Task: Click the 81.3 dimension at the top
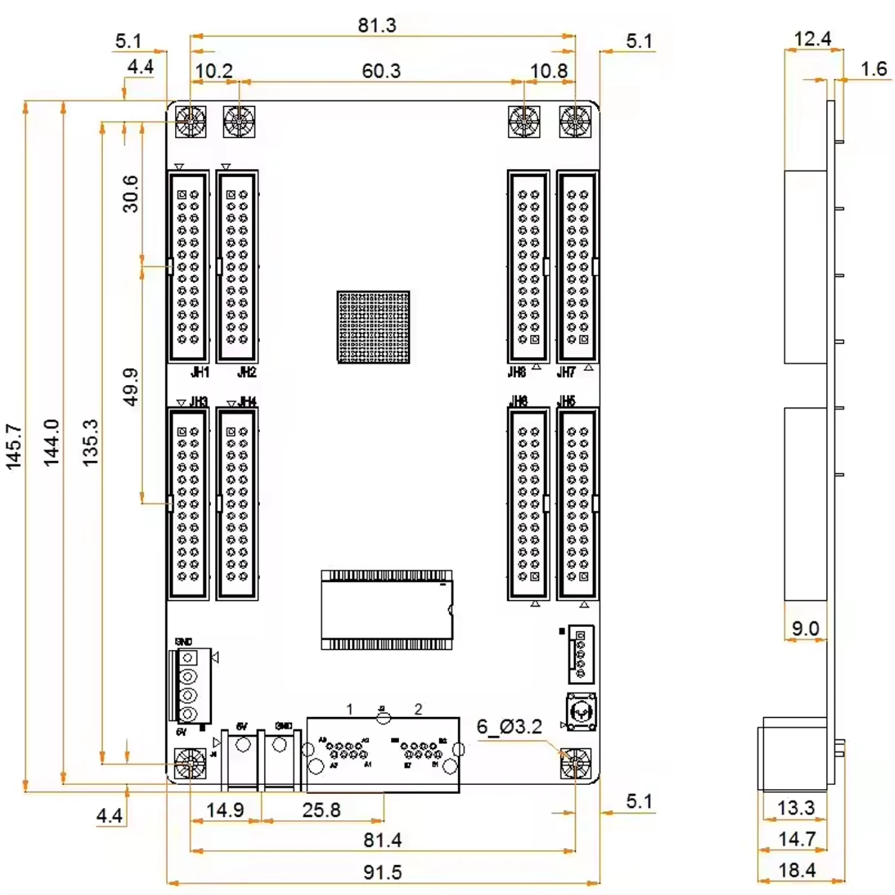coord(376,26)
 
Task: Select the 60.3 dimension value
coord(381,71)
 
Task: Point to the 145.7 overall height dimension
coord(14,446)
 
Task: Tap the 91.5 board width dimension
coord(382,872)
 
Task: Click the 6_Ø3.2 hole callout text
coord(509,727)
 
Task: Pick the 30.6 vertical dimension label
coord(130,194)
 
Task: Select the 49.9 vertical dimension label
coord(130,387)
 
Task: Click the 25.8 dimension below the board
coord(321,810)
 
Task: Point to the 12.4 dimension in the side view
coord(812,39)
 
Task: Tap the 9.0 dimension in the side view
coord(805,628)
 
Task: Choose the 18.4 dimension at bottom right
coord(797,871)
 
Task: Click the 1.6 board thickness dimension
coord(874,69)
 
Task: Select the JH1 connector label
coord(200,372)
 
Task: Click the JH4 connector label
coord(247,402)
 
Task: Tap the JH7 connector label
coord(566,372)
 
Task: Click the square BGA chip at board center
coord(374,327)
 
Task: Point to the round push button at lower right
coord(581,711)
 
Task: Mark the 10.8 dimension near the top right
coord(548,71)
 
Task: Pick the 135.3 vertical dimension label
coord(90,442)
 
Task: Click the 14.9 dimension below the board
coord(224,810)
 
